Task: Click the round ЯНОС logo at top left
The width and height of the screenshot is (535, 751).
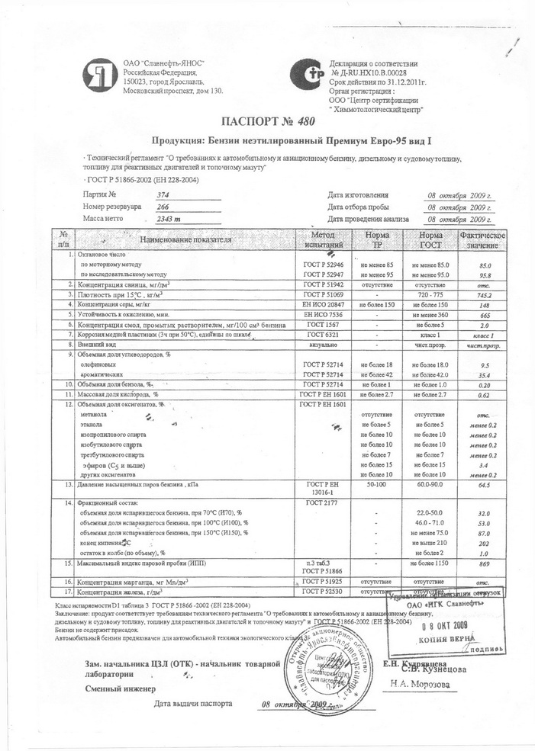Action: [x=100, y=74]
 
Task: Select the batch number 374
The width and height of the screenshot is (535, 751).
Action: [x=163, y=195]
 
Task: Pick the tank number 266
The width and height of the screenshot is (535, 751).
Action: [x=163, y=207]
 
